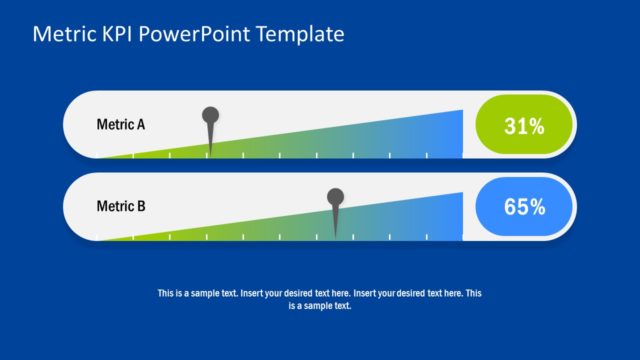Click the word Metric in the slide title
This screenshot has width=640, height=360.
[x=62, y=35]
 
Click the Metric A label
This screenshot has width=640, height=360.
[x=120, y=125]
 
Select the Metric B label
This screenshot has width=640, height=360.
[x=120, y=207]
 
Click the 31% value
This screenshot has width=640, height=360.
[x=524, y=126]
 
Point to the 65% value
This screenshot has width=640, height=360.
[x=524, y=207]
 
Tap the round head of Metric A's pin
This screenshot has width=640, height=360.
[x=210, y=116]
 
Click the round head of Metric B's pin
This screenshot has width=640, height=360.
[x=336, y=196]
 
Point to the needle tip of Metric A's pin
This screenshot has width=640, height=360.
[x=210, y=155]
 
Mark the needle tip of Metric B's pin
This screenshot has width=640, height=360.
[x=336, y=236]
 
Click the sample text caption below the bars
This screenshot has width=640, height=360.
[x=319, y=299]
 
